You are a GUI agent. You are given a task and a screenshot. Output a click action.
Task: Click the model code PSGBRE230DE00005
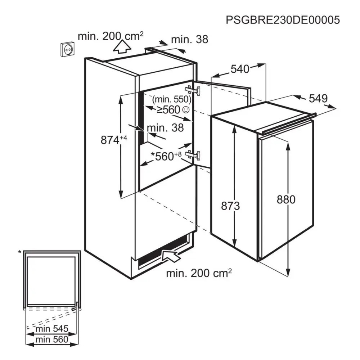point(283,20)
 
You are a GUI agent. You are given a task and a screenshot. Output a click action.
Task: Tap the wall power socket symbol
point(68,49)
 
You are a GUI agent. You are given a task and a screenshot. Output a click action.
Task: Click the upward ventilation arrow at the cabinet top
point(122,47)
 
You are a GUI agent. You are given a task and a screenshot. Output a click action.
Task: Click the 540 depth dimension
point(240,69)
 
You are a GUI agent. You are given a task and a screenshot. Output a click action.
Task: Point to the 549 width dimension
point(318,99)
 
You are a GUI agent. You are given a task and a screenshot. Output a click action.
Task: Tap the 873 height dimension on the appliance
point(230,206)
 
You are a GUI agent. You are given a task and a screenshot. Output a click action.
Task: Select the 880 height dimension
point(286,199)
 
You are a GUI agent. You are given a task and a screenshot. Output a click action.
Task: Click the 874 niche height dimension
point(114,140)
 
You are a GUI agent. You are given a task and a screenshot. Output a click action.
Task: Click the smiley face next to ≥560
point(186,110)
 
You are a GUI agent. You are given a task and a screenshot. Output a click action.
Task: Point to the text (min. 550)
point(172,99)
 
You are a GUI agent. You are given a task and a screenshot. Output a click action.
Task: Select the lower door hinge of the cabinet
point(194,155)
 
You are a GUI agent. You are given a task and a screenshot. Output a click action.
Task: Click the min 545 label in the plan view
point(52,329)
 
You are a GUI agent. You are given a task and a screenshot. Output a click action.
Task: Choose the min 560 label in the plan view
point(52,339)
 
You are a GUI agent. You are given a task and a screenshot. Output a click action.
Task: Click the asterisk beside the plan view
point(20,252)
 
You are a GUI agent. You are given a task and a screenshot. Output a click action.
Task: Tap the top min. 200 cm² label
point(111,36)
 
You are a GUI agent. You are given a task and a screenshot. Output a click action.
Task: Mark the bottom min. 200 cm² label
point(199,273)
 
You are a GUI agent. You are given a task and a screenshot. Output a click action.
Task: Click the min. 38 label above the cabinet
point(190,40)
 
